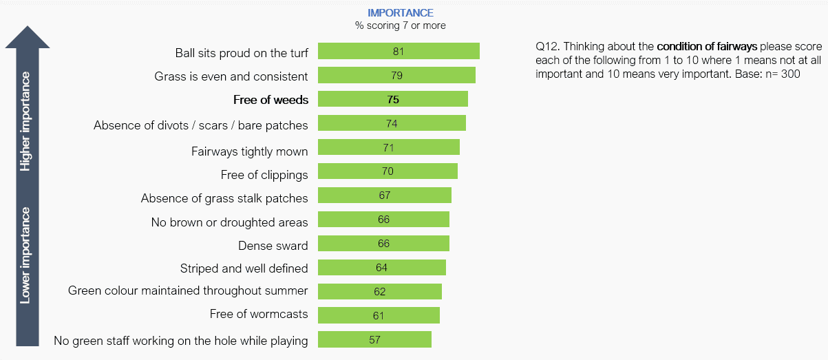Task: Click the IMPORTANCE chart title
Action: click(x=400, y=13)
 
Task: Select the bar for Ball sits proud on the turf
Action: click(x=398, y=52)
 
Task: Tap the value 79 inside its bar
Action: click(x=396, y=76)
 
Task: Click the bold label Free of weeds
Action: click(x=270, y=100)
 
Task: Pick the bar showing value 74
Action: click(x=391, y=124)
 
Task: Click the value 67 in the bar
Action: click(x=384, y=195)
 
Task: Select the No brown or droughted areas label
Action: click(x=229, y=222)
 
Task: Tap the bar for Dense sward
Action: click(x=383, y=244)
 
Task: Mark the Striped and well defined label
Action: click(x=244, y=268)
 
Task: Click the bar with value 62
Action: click(x=379, y=292)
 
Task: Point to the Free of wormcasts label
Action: click(x=259, y=315)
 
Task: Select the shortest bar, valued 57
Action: click(x=374, y=339)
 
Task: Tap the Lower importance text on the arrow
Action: click(x=26, y=255)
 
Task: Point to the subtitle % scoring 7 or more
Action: click(x=400, y=25)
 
